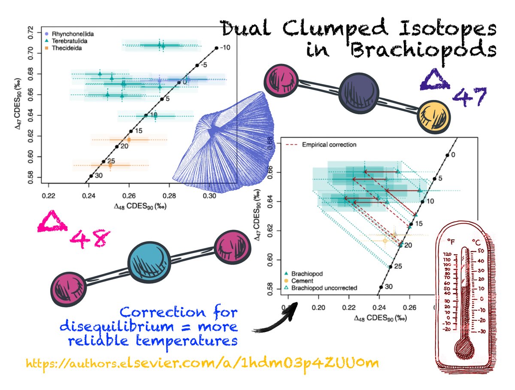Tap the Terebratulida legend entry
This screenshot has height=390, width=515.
(x=64, y=41)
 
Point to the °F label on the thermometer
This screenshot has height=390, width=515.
(x=451, y=242)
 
